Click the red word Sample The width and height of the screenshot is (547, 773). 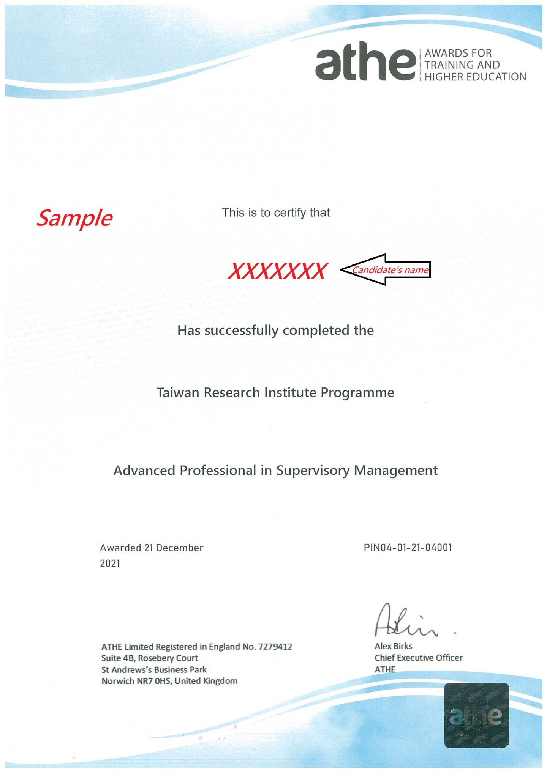pyautogui.click(x=74, y=218)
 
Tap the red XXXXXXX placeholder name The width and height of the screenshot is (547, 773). pyautogui.click(x=278, y=271)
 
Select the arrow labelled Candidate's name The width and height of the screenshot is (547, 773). pyautogui.click(x=386, y=270)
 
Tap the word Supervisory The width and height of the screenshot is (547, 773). pyautogui.click(x=313, y=471)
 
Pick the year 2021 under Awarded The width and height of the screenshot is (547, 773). pyautogui.click(x=110, y=564)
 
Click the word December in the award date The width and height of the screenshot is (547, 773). pyautogui.click(x=180, y=548)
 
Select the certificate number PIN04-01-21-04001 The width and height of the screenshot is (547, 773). pyautogui.click(x=408, y=548)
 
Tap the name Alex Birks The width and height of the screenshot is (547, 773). pyautogui.click(x=393, y=646)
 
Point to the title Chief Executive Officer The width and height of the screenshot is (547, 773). pyautogui.click(x=418, y=658)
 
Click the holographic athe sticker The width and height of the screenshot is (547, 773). pyautogui.click(x=476, y=715)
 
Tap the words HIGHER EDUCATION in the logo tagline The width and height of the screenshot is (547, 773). pyautogui.click(x=475, y=77)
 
